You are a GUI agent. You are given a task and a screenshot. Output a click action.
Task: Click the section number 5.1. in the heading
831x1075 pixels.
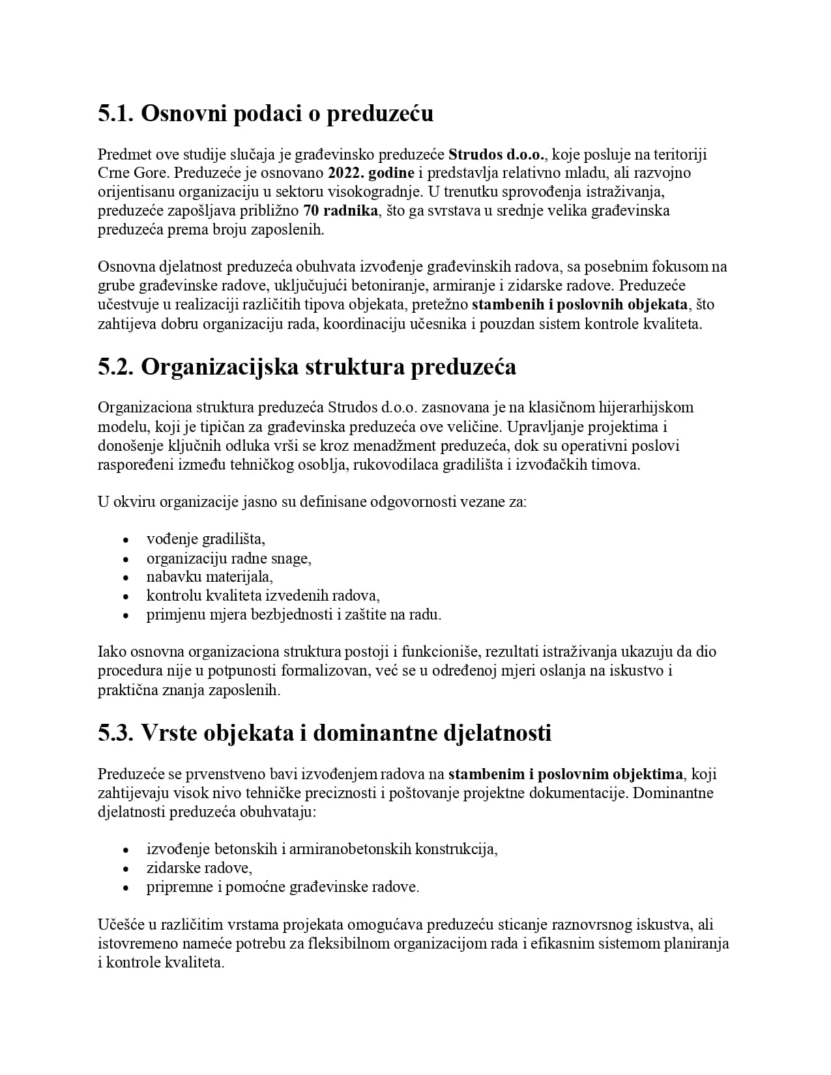click(x=116, y=114)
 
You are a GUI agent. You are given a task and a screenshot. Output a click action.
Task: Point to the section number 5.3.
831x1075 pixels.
click(x=116, y=733)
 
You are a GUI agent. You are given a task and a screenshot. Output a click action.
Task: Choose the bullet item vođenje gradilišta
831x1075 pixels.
click(x=205, y=539)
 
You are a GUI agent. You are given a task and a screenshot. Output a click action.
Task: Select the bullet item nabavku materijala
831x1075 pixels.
click(x=209, y=577)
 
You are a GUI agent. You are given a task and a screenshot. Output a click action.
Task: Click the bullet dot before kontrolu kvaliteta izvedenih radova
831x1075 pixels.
click(x=126, y=596)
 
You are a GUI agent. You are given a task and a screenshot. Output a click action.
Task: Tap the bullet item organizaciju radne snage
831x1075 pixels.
click(x=228, y=558)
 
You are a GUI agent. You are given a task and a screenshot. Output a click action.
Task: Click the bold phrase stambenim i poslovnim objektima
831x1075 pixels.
click(x=565, y=775)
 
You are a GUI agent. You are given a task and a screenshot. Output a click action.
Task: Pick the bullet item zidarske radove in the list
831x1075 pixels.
click(x=199, y=868)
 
